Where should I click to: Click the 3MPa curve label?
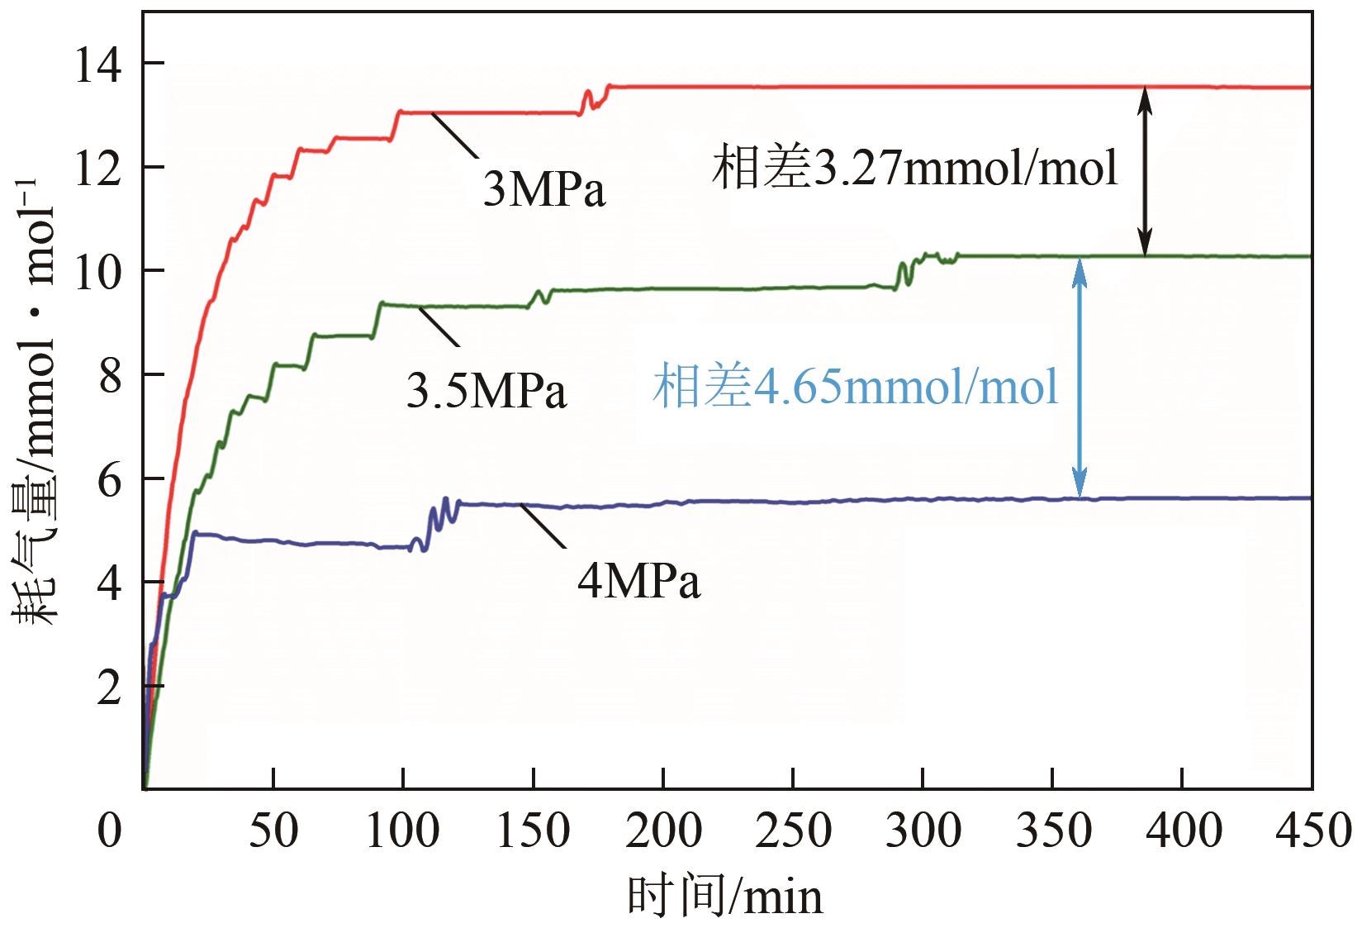pyautogui.click(x=544, y=189)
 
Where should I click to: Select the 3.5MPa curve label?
pyautogui.click(x=486, y=391)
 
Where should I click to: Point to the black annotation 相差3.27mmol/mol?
pyautogui.click(x=915, y=168)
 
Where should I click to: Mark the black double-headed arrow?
pyautogui.click(x=1144, y=171)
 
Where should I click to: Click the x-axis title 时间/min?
pyautogui.click(x=725, y=897)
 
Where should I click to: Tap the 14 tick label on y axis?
pyautogui.click(x=97, y=64)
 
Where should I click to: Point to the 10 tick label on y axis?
pyautogui.click(x=97, y=271)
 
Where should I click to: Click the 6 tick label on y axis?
pyautogui.click(x=109, y=479)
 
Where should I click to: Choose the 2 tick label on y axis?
pyautogui.click(x=109, y=688)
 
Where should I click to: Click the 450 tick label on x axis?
pyautogui.click(x=1312, y=830)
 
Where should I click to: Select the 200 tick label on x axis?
pyautogui.click(x=663, y=830)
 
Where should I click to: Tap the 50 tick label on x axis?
pyautogui.click(x=273, y=830)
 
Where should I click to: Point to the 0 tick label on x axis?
pyautogui.click(x=109, y=830)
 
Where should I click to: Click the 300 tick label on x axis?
pyautogui.click(x=923, y=830)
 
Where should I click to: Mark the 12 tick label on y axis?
pyautogui.click(x=97, y=168)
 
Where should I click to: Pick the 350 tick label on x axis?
pyautogui.click(x=1053, y=830)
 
